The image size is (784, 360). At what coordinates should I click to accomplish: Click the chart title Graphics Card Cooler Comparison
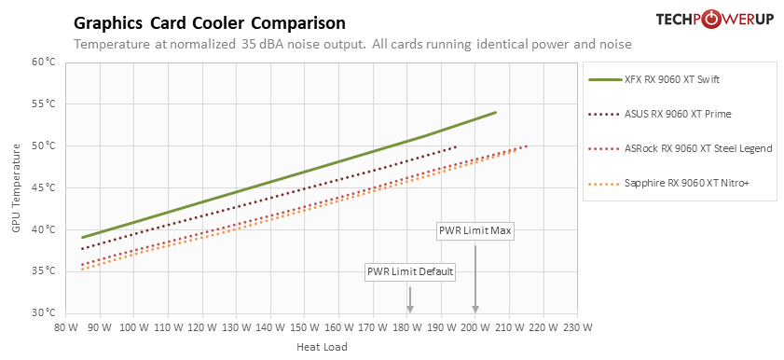(x=210, y=22)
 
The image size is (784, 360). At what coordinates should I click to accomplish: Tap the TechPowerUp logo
(x=715, y=20)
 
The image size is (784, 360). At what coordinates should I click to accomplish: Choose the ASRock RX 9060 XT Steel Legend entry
(x=681, y=148)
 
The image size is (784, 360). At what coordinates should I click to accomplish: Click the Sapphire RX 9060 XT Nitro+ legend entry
(x=669, y=183)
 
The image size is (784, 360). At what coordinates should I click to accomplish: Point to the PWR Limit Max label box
(x=475, y=230)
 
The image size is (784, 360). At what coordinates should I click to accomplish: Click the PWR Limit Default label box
(x=410, y=272)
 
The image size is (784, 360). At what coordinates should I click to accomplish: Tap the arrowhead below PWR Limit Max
(x=475, y=309)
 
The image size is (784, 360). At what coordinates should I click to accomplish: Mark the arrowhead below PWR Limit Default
(x=410, y=309)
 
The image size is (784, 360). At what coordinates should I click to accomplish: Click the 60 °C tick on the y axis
(x=45, y=62)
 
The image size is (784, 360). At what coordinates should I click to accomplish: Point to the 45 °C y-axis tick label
(x=45, y=188)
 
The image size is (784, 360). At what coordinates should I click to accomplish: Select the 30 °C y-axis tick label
(x=45, y=313)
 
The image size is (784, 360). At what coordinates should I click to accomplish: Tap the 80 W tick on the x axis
(x=65, y=327)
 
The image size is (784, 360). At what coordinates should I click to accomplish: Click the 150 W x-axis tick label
(x=305, y=327)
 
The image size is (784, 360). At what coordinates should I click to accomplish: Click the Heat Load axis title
(x=322, y=347)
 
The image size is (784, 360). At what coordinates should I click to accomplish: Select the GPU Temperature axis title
(x=17, y=188)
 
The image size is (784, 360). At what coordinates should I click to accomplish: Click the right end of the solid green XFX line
(x=496, y=113)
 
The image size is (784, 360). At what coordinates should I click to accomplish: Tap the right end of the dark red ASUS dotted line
(x=456, y=146)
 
